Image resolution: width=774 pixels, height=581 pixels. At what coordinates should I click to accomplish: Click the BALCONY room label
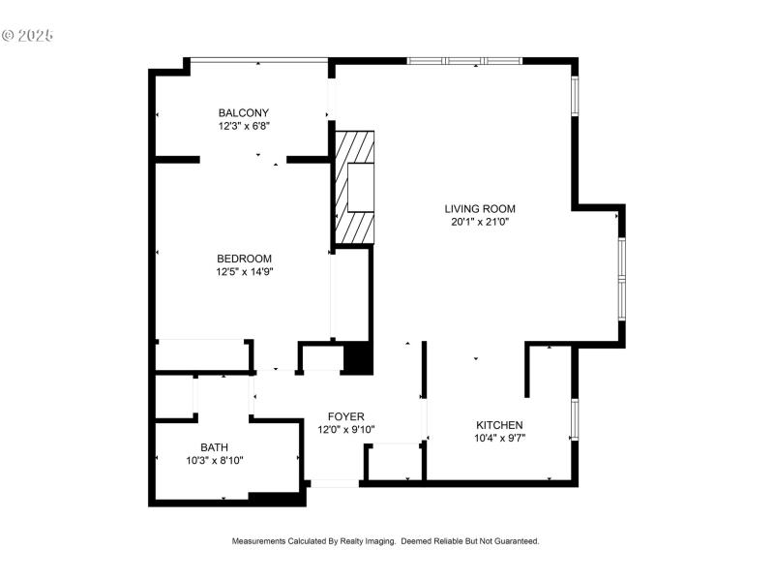[243, 112]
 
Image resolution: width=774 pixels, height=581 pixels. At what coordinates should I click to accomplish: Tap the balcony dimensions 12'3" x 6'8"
[243, 126]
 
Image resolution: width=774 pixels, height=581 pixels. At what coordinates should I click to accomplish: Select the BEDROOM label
[244, 259]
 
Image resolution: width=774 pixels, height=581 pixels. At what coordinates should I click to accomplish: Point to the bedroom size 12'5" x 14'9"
[244, 272]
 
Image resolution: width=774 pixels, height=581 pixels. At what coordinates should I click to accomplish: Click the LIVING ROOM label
[480, 208]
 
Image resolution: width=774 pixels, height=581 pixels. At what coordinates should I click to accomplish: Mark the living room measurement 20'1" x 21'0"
[480, 222]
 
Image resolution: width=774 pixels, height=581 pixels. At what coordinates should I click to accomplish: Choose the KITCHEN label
[499, 425]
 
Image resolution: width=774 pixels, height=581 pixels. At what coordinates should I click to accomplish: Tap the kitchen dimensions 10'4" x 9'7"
[499, 439]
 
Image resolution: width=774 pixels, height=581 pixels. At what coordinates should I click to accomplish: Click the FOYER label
[346, 416]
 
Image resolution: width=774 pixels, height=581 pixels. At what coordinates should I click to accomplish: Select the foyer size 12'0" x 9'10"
[346, 430]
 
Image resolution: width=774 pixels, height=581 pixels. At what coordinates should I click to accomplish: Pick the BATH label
[214, 447]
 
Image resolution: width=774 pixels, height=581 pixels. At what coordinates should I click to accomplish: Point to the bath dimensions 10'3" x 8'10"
[214, 461]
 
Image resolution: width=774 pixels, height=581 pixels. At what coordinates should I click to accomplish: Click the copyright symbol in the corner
[9, 36]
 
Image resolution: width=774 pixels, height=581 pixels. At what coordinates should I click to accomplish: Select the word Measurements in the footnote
[258, 541]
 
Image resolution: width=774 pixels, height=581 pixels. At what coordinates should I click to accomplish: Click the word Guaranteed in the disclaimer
[514, 541]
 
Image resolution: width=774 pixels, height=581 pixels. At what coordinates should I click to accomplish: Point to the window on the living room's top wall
[464, 61]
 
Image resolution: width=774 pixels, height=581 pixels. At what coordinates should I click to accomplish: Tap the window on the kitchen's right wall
[575, 419]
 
